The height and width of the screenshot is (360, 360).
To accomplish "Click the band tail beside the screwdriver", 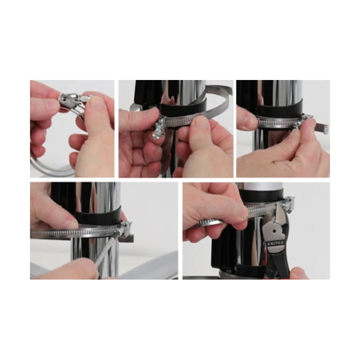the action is (126, 238).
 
